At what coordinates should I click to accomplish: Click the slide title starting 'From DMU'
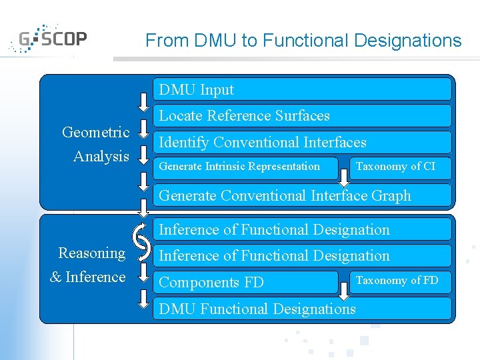click(x=303, y=41)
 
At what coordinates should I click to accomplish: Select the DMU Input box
click(x=303, y=89)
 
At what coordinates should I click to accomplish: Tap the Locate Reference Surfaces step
click(x=303, y=116)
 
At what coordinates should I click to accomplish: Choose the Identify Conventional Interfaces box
click(x=303, y=142)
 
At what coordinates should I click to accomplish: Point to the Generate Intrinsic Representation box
click(x=246, y=167)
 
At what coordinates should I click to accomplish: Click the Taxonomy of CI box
click(x=399, y=167)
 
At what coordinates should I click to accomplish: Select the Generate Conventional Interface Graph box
click(x=303, y=195)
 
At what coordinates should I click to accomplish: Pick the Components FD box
click(x=246, y=282)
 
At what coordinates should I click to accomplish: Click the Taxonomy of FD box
click(x=399, y=280)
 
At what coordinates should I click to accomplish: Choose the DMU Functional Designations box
click(x=303, y=309)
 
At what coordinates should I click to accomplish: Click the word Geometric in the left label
click(x=95, y=132)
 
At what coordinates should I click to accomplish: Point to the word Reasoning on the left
click(x=92, y=253)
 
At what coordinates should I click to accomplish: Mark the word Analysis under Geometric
click(x=101, y=157)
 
